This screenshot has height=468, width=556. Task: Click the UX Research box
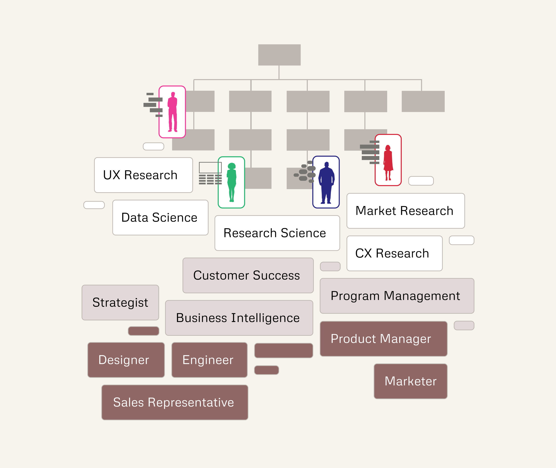[x=143, y=175]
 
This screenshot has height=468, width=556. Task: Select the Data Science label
[x=160, y=218]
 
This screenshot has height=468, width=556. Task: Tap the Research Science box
[x=277, y=233]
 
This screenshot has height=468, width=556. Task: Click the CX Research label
[x=394, y=253]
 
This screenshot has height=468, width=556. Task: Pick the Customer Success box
[x=248, y=275]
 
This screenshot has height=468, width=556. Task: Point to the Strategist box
[x=120, y=302]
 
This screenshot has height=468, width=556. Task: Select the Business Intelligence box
[x=239, y=318]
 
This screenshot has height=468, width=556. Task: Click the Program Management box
[x=397, y=296]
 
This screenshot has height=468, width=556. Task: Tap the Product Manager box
[x=383, y=339]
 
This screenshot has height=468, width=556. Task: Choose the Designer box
[x=126, y=360]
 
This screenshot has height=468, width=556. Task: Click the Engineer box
[x=210, y=360]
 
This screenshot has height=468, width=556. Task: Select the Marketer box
[x=410, y=381]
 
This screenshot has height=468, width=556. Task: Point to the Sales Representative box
[x=175, y=402]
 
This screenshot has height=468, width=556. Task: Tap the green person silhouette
[x=232, y=182]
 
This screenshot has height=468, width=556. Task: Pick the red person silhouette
[x=388, y=162]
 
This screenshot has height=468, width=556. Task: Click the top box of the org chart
[x=279, y=55]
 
